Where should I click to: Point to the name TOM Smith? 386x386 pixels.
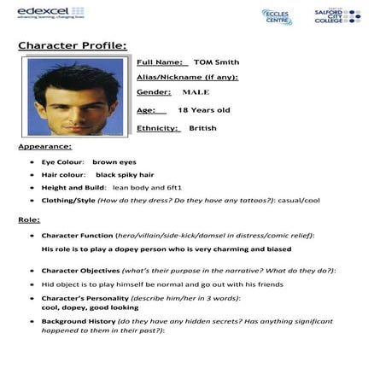click(x=216, y=61)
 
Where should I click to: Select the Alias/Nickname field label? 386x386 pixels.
click(x=187, y=77)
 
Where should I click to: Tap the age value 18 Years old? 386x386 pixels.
click(x=203, y=110)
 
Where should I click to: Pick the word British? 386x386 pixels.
click(x=203, y=128)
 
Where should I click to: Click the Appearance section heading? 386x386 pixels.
click(x=44, y=147)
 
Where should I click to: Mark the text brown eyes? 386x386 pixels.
click(x=114, y=161)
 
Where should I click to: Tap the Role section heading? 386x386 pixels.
click(x=29, y=219)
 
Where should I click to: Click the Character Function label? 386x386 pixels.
click(x=89, y=235)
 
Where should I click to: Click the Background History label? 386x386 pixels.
click(x=85, y=321)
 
